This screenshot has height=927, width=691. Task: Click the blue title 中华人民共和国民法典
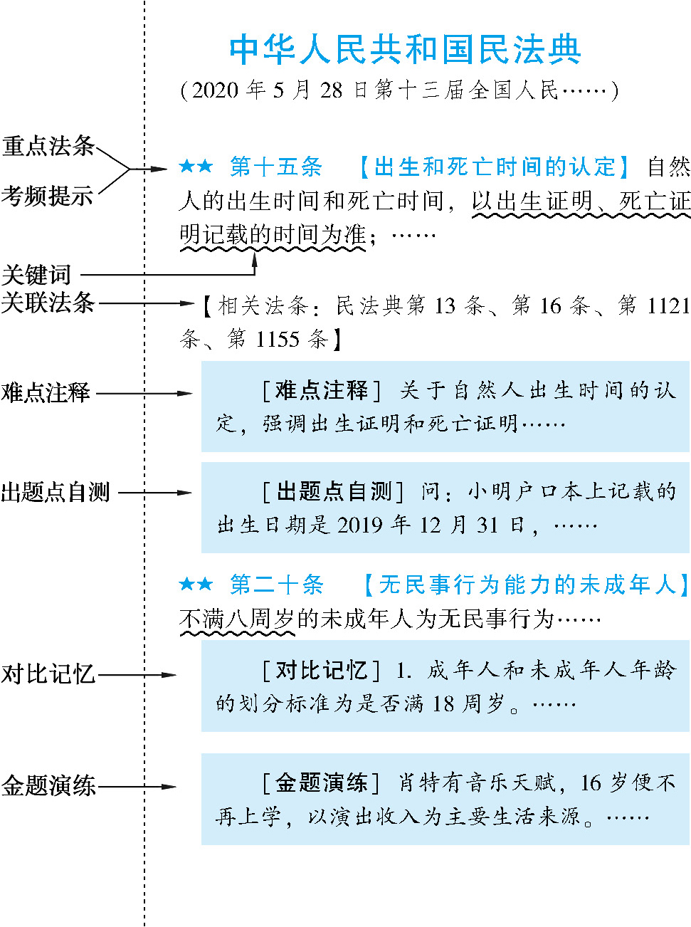coord(405,49)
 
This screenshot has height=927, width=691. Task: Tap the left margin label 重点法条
coord(48,146)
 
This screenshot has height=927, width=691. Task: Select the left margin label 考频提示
coord(47,195)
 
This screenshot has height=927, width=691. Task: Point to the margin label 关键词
coord(36,275)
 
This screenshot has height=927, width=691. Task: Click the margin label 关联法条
coord(48,303)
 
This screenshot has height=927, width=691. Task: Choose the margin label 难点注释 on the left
coord(46,392)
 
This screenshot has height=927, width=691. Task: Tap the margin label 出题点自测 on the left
coord(55,492)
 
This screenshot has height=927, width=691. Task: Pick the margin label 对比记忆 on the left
coord(48,674)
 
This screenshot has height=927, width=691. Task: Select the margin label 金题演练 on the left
coord(48,786)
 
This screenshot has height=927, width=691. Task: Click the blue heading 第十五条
coord(275,167)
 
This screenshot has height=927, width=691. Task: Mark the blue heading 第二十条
coord(276,585)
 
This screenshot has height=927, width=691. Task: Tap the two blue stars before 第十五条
coord(196,167)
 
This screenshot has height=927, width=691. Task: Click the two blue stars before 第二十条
coord(196,585)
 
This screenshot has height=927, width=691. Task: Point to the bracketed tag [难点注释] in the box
coord(322,390)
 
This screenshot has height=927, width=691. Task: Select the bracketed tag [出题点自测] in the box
coord(333,491)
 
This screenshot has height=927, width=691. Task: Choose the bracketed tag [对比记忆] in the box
coord(322,670)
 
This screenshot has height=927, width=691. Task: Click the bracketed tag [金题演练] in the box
coord(322,782)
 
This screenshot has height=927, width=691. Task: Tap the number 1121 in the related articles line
coord(668,306)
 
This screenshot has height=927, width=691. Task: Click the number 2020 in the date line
coord(215,90)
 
